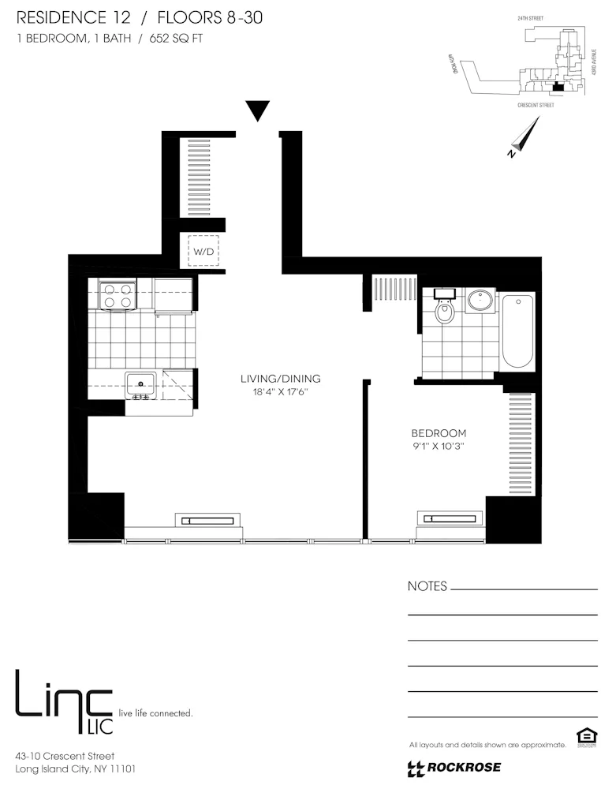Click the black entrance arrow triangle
(x=257, y=110)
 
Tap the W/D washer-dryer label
(x=202, y=252)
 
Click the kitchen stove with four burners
(x=118, y=295)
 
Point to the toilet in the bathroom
(x=445, y=310)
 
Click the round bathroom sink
(x=480, y=300)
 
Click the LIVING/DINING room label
(x=280, y=379)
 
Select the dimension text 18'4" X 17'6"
(x=280, y=392)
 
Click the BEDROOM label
(x=439, y=433)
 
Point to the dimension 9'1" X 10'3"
(x=439, y=447)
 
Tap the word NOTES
(x=427, y=586)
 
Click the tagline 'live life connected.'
(x=155, y=713)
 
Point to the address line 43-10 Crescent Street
(x=65, y=756)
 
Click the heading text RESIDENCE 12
(x=65, y=17)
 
